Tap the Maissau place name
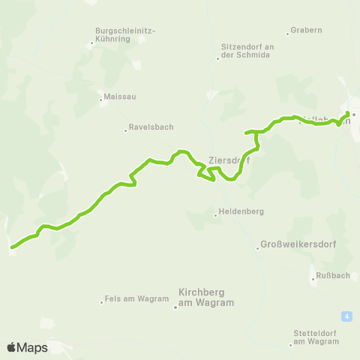coord(121,97)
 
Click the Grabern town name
coord(307,31)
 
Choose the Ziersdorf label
coord(228,160)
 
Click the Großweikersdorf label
coord(296,244)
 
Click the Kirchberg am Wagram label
coord(206,297)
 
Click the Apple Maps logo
coord(27,347)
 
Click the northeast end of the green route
coord(348,113)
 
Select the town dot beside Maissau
coord(101,97)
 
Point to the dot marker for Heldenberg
coord(216,215)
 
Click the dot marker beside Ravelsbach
coord(126,130)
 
